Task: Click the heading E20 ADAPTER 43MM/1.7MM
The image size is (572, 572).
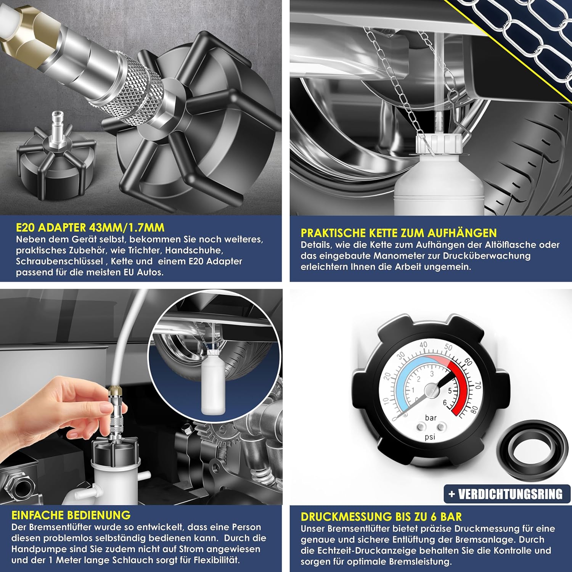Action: [90, 228]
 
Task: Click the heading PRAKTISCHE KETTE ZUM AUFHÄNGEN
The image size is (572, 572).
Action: [398, 233]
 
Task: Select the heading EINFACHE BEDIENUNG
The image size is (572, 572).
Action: [71, 515]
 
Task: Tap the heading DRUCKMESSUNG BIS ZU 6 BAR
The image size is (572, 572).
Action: [381, 517]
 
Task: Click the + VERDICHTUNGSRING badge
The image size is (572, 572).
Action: [506, 494]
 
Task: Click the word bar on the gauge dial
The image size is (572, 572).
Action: [431, 418]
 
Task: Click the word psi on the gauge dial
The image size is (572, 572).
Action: [430, 437]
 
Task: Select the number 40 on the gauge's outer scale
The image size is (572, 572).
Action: [423, 345]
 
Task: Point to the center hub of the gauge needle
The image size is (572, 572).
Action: [431, 390]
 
